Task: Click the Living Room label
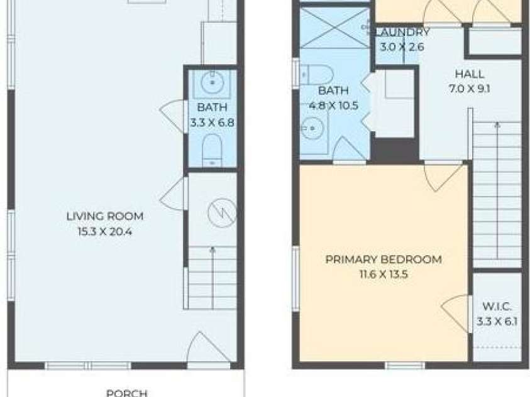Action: (105, 216)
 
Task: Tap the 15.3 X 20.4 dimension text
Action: (105, 232)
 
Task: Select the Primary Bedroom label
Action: (384, 259)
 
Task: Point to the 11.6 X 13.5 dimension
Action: (384, 274)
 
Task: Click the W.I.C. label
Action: (497, 307)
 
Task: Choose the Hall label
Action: (470, 73)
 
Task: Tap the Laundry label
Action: (402, 33)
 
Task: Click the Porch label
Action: (127, 393)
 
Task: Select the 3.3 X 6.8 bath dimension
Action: (212, 122)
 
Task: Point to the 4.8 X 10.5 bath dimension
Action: (334, 106)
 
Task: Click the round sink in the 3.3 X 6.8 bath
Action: (213, 82)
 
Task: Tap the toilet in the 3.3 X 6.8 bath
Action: (213, 150)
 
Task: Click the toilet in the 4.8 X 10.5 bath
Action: (317, 75)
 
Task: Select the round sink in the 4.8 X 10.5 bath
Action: (312, 128)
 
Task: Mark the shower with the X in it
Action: (335, 28)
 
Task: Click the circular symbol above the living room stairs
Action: (222, 213)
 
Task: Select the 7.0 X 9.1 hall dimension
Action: (470, 89)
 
